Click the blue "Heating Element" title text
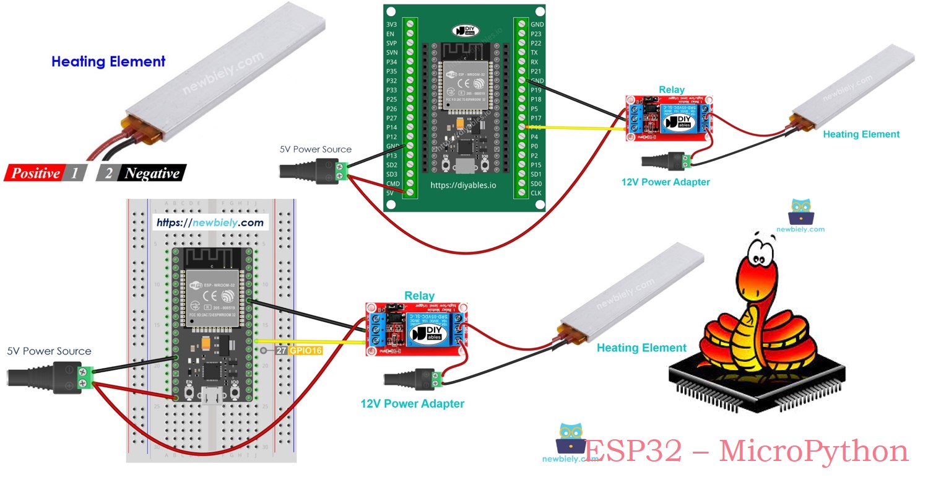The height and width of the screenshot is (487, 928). [x=108, y=61]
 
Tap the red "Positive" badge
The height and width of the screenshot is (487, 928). [x=36, y=173]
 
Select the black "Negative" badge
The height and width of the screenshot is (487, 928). [x=152, y=173]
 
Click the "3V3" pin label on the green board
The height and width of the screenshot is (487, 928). [x=391, y=25]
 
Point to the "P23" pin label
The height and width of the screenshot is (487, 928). [x=536, y=34]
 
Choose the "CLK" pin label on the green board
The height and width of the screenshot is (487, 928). [x=537, y=193]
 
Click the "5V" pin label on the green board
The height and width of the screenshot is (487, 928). [x=390, y=193]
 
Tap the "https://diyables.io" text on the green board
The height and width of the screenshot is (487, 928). [x=463, y=185]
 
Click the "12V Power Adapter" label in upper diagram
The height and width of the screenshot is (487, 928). [x=666, y=182]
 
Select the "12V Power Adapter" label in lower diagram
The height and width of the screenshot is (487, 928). [x=412, y=403]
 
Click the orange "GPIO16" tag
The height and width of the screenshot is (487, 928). [x=306, y=351]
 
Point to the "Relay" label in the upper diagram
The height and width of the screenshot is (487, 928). [x=672, y=90]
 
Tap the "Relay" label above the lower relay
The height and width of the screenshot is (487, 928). [x=419, y=296]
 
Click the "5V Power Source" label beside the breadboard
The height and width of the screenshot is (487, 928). [x=49, y=351]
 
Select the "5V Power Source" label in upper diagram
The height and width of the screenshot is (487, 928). [x=315, y=149]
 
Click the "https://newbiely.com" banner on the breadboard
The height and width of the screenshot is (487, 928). [x=210, y=222]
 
